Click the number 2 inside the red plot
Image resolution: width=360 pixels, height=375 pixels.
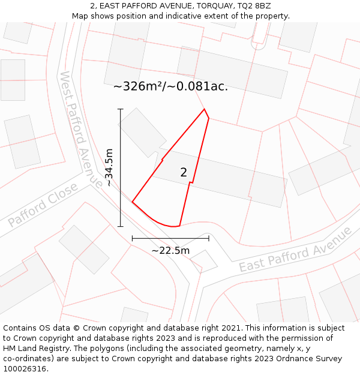pos(184,173)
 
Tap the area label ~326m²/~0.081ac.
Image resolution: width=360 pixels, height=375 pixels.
pos(170,86)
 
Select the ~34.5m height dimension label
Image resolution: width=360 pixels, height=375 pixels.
pos(109,168)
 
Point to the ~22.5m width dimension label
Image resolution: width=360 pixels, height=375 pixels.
pos(170,250)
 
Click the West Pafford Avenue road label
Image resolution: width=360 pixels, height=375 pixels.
pos(81,128)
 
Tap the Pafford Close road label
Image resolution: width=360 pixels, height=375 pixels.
pos(43,205)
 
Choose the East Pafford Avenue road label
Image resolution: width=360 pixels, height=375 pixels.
pos(295,250)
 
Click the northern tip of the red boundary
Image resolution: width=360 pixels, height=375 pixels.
pos(205,109)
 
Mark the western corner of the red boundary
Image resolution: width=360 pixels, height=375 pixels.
pos(132,202)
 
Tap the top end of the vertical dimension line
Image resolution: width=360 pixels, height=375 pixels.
pos(121,109)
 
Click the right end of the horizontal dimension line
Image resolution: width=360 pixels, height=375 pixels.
pos(209,238)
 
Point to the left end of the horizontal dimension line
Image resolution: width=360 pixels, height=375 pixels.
pos(132,238)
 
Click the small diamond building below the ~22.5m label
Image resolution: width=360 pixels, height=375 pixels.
pos(203,261)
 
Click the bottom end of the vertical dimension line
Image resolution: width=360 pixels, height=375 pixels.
pos(121,226)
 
